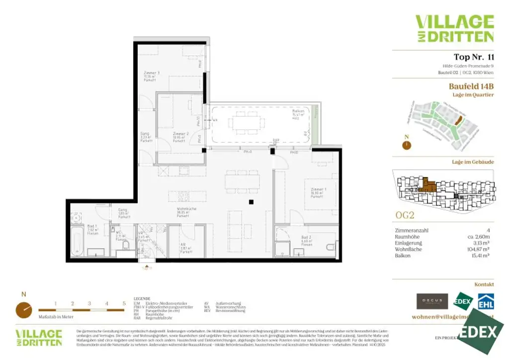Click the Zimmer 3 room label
151,73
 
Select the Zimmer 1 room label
318,189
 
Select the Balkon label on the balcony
298,112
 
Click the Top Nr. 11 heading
473,57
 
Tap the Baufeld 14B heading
471,86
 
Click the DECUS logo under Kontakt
431,301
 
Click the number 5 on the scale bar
124,302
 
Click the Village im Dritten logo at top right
454,28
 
